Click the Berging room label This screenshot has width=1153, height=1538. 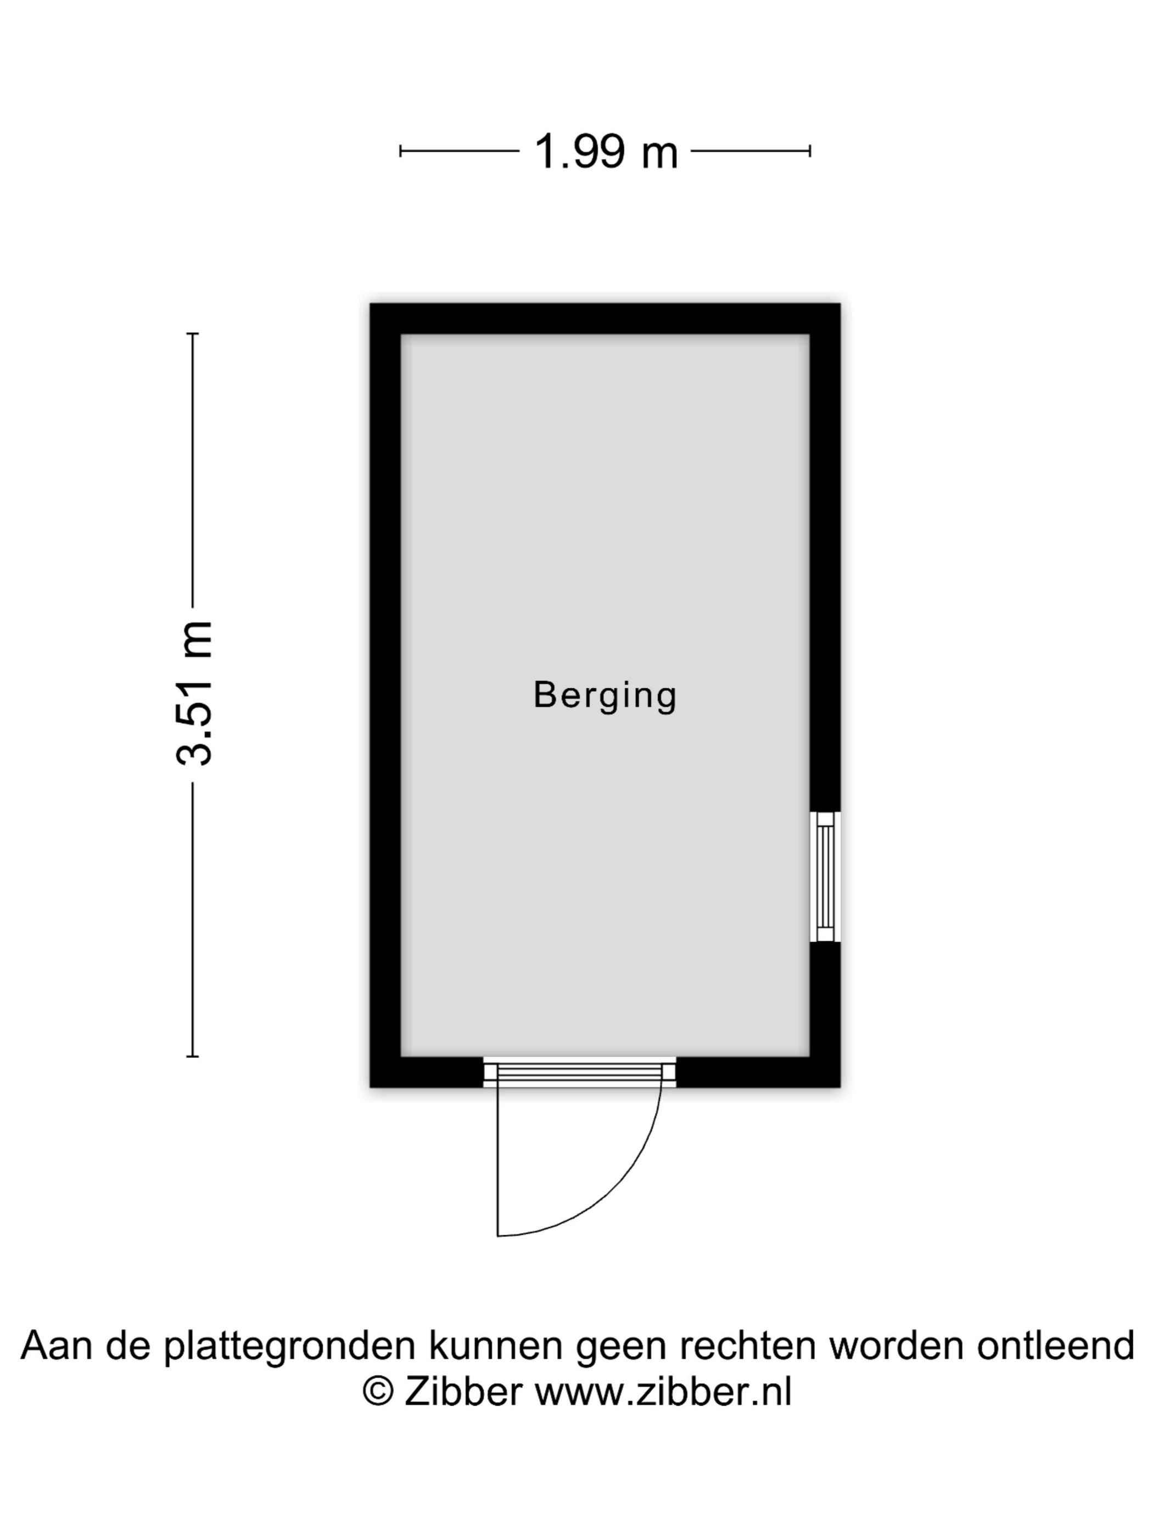[605, 695]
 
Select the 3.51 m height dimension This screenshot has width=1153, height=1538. [194, 693]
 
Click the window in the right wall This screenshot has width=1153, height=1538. [825, 877]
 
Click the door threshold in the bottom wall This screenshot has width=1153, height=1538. [580, 1073]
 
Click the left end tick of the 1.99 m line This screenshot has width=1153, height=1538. [400, 151]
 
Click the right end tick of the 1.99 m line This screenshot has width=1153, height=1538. [810, 151]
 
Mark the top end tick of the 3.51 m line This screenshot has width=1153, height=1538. [193, 335]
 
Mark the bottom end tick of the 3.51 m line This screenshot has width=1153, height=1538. [193, 1057]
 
